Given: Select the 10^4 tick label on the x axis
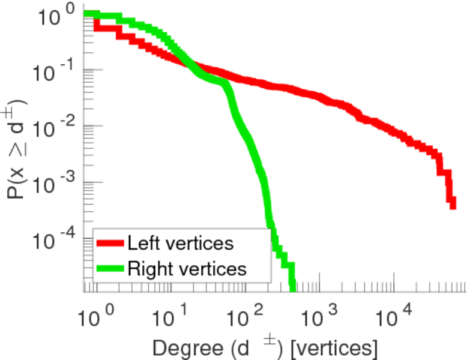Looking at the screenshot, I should point(393,316).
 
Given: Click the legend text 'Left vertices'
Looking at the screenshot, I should point(180,244).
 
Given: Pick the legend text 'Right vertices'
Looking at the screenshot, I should point(187,269).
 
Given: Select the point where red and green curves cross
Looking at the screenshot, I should point(188,65).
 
